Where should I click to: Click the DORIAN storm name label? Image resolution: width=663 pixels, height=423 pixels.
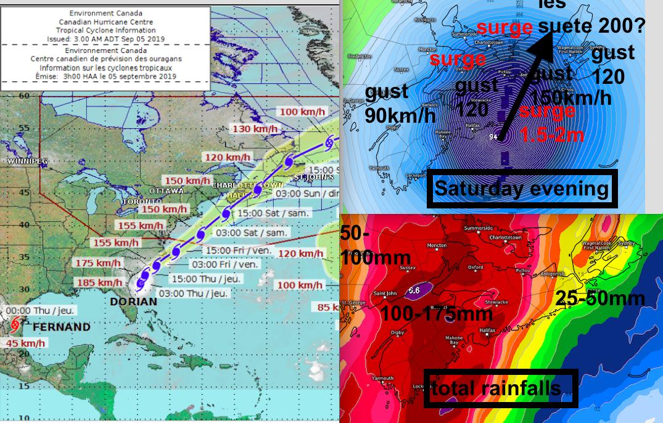[x=133, y=302]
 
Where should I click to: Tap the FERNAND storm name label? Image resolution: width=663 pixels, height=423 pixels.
[x=61, y=326]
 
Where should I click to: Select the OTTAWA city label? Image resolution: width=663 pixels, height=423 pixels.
[x=166, y=191]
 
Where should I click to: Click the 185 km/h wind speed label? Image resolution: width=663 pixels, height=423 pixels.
[x=99, y=282]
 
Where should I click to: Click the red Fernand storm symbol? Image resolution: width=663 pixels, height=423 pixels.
[x=15, y=323]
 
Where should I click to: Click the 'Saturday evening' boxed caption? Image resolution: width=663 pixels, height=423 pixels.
[x=521, y=189]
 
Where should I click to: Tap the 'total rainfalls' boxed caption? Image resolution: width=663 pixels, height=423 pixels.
[x=500, y=388]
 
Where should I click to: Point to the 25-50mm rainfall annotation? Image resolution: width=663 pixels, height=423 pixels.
[x=600, y=298]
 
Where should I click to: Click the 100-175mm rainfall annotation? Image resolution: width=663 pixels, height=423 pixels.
[x=437, y=314]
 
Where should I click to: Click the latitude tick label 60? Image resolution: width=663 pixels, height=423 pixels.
[x=24, y=95]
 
